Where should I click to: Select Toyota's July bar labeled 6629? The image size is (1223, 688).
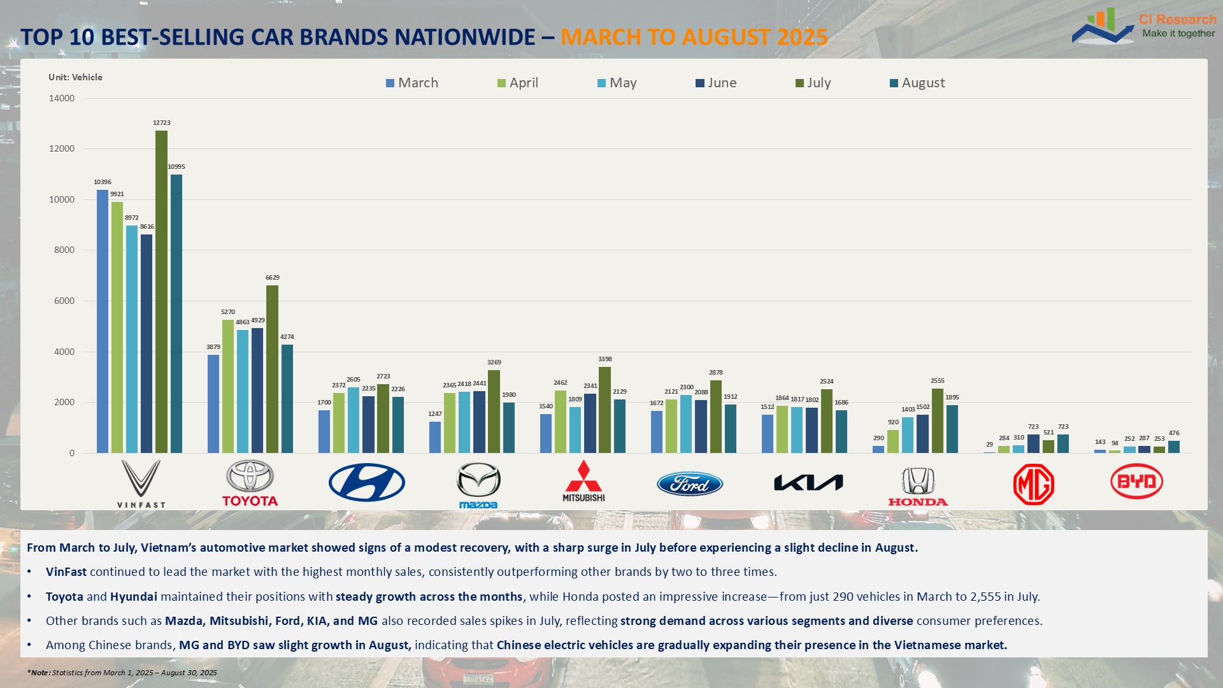pyautogui.click(x=272, y=369)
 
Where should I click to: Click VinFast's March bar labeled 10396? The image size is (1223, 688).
pyautogui.click(x=103, y=321)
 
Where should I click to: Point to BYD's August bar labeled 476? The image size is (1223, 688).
pyautogui.click(x=1173, y=447)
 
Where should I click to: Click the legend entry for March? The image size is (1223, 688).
pyautogui.click(x=412, y=83)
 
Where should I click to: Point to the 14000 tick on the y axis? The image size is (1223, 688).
pyautogui.click(x=62, y=98)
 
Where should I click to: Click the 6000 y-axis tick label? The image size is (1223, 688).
pyautogui.click(x=62, y=301)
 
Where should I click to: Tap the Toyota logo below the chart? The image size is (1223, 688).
pyautogui.click(x=250, y=484)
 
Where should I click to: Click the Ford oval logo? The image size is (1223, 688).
pyautogui.click(x=690, y=484)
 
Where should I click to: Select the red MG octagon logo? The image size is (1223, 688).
pyautogui.click(x=1033, y=484)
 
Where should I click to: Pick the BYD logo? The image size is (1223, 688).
pyautogui.click(x=1136, y=482)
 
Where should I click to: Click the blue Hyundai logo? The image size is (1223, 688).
pyautogui.click(x=366, y=482)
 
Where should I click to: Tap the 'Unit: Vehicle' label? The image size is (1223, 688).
pyautogui.click(x=75, y=77)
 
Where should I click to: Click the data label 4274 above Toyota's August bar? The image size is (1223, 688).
pyautogui.click(x=287, y=337)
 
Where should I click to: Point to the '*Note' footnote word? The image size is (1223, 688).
pyautogui.click(x=39, y=673)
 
